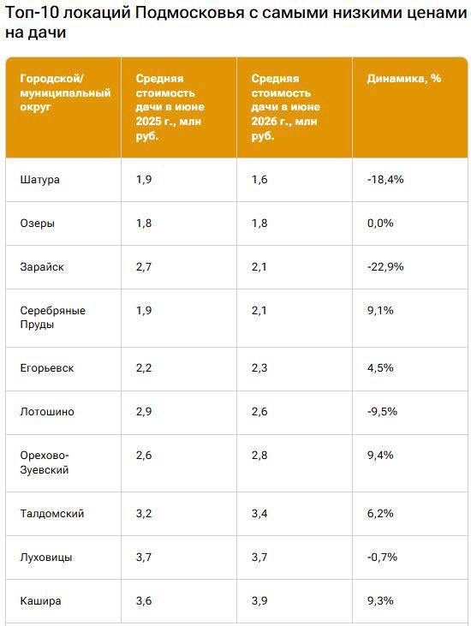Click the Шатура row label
pos(40,179)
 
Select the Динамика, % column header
pos(404,78)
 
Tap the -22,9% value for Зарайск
pos(385,266)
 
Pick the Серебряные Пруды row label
pos(53,318)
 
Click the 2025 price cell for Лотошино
pos(144,412)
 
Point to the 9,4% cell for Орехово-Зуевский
pos(380,455)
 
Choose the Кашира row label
pos(41,601)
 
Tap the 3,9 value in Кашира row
pos(259,601)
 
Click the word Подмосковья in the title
pos(190,13)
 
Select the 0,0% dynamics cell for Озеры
pos(380,223)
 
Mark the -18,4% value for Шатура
pos(385,179)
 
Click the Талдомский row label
pos(52,514)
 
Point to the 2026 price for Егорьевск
pos(259,368)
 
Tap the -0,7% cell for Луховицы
pos(383,557)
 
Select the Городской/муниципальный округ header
pos(65,92)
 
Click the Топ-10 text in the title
pos(33,13)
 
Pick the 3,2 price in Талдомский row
pos(144,514)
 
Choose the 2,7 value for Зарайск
pos(144,266)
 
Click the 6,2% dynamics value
pos(380,514)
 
